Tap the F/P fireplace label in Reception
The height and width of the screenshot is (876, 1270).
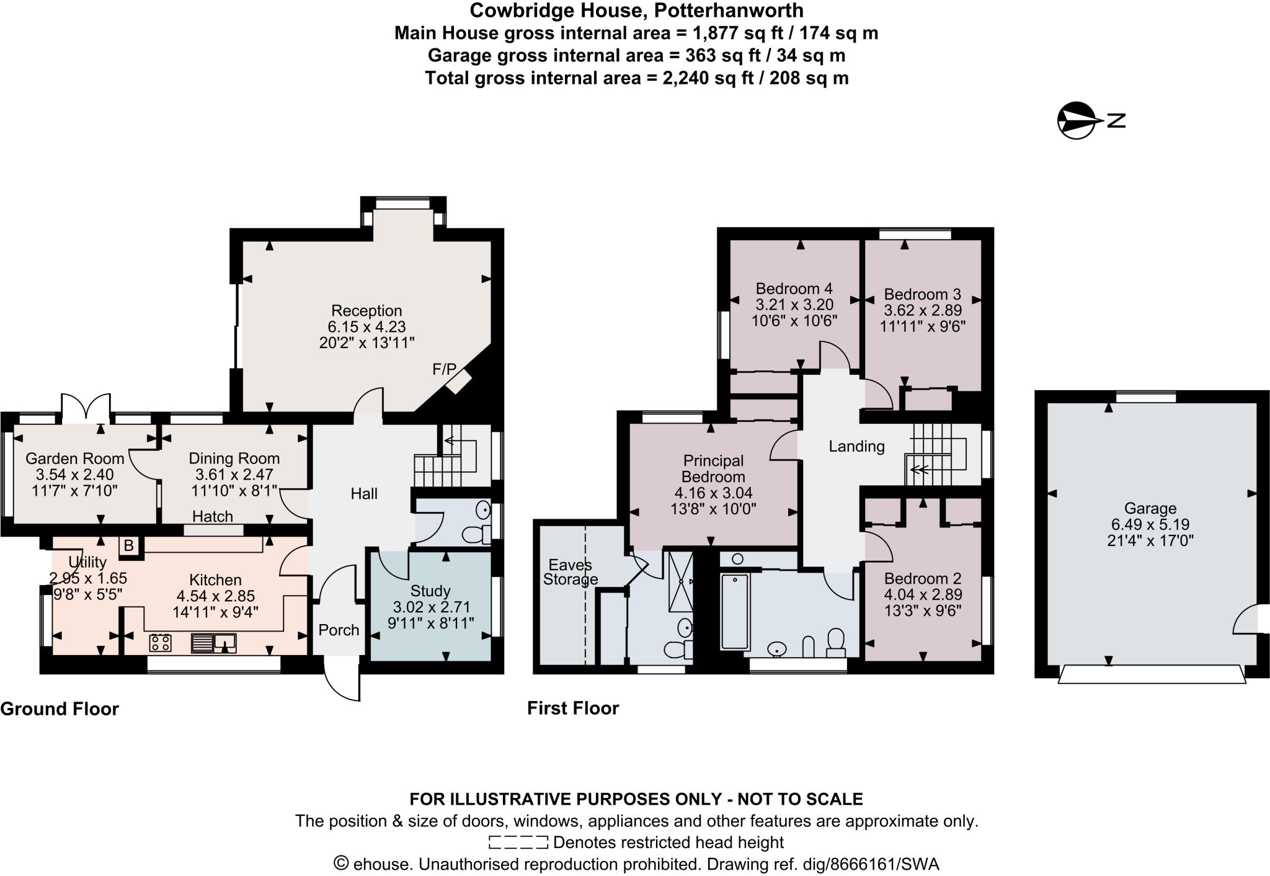click(x=444, y=370)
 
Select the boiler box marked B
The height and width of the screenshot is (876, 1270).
click(x=129, y=545)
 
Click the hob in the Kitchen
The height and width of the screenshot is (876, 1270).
click(x=161, y=643)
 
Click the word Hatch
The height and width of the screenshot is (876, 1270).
click(x=213, y=516)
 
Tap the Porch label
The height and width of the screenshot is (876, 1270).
click(x=339, y=630)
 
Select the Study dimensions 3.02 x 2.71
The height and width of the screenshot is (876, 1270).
click(x=431, y=607)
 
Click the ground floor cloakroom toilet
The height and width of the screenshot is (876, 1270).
click(x=477, y=534)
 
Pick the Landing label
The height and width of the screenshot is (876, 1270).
click(x=856, y=446)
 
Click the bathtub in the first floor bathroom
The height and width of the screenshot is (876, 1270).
click(x=735, y=612)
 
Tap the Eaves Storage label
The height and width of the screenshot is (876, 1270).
click(x=570, y=572)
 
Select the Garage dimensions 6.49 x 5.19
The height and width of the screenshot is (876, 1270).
click(x=1150, y=524)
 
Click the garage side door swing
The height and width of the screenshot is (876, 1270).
click(x=1245, y=620)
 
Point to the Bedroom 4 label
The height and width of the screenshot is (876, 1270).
click(x=794, y=288)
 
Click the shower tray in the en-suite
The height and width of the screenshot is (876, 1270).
click(x=681, y=581)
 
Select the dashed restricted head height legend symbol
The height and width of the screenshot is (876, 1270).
click(x=518, y=842)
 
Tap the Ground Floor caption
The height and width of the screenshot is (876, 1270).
click(x=60, y=708)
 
